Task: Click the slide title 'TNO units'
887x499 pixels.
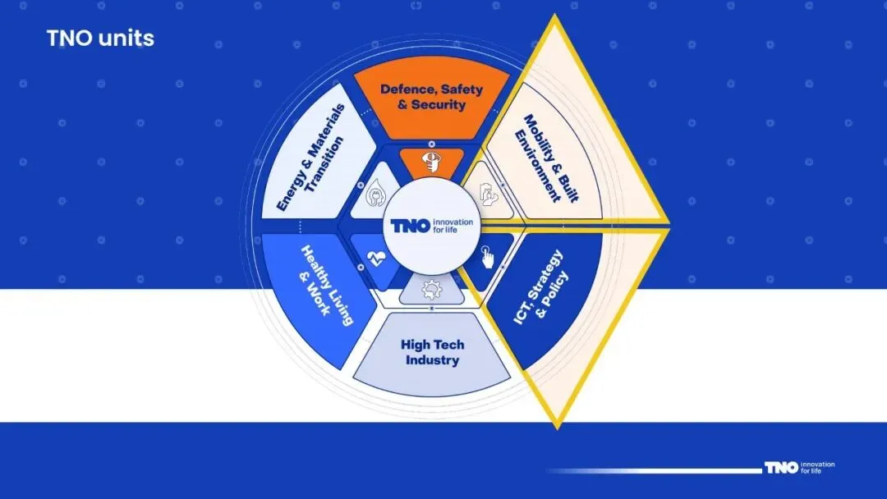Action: click(x=100, y=38)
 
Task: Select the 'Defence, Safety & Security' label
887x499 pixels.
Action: click(x=431, y=97)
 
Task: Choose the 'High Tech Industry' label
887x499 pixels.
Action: click(x=431, y=351)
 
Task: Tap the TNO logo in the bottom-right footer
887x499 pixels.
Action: click(x=780, y=468)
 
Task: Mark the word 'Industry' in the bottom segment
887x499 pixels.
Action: click(x=431, y=359)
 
